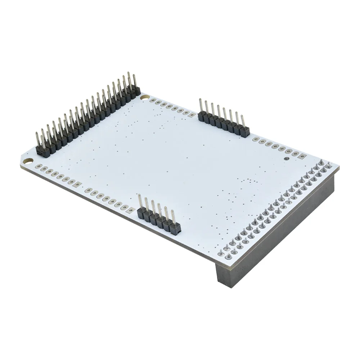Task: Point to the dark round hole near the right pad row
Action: (286, 158)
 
